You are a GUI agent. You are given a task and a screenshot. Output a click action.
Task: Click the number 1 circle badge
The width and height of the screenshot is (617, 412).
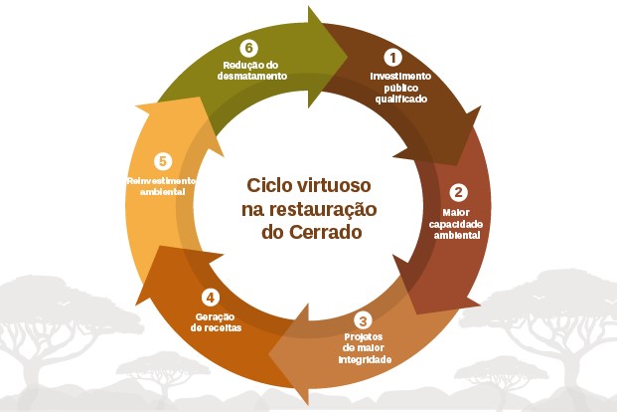392,57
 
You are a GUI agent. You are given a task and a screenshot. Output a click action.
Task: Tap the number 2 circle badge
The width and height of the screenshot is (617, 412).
458,193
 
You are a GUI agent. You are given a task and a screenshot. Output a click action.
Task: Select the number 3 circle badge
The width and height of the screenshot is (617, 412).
363,320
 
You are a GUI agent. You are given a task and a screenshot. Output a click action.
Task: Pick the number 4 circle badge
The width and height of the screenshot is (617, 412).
211,298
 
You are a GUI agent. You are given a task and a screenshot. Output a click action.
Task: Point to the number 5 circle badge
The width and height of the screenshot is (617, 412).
163,161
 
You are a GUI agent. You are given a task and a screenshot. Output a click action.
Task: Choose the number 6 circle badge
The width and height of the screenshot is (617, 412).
248,48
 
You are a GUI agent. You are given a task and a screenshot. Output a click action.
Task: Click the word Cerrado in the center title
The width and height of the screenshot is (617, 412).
326,232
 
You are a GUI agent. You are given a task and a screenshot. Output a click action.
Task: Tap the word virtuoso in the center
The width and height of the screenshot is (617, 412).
334,185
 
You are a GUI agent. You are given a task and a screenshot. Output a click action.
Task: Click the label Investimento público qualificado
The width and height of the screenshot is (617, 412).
400,88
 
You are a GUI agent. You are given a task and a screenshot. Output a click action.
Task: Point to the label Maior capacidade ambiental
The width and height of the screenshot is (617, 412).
456,224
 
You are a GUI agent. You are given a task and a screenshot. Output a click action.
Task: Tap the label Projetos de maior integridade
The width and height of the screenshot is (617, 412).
365,348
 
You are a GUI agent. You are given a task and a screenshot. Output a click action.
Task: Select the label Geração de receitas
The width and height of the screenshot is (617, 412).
216,322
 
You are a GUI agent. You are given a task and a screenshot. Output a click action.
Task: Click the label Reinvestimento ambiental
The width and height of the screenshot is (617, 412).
161,186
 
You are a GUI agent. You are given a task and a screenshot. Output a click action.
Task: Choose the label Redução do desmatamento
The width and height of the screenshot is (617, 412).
251,71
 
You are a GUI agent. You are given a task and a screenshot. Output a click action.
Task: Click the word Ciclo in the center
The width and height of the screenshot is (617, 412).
269,185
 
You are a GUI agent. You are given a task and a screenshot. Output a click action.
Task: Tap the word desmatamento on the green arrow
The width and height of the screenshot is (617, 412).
251,76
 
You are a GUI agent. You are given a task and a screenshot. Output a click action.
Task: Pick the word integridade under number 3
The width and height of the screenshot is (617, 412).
365,359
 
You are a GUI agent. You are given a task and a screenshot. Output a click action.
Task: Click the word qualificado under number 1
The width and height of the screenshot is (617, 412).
401,99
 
